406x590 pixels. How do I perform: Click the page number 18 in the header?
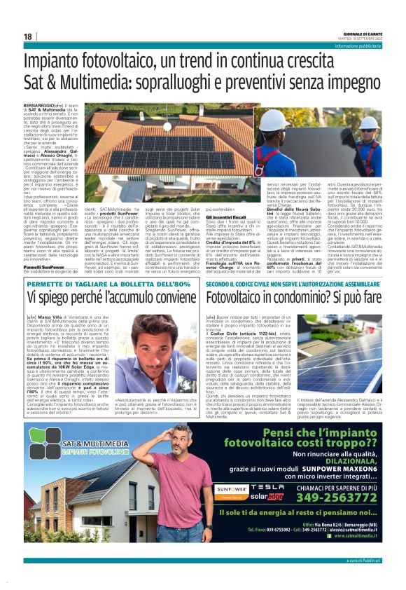pos(28,36)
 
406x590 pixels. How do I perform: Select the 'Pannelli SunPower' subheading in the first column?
pos(42,268)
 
